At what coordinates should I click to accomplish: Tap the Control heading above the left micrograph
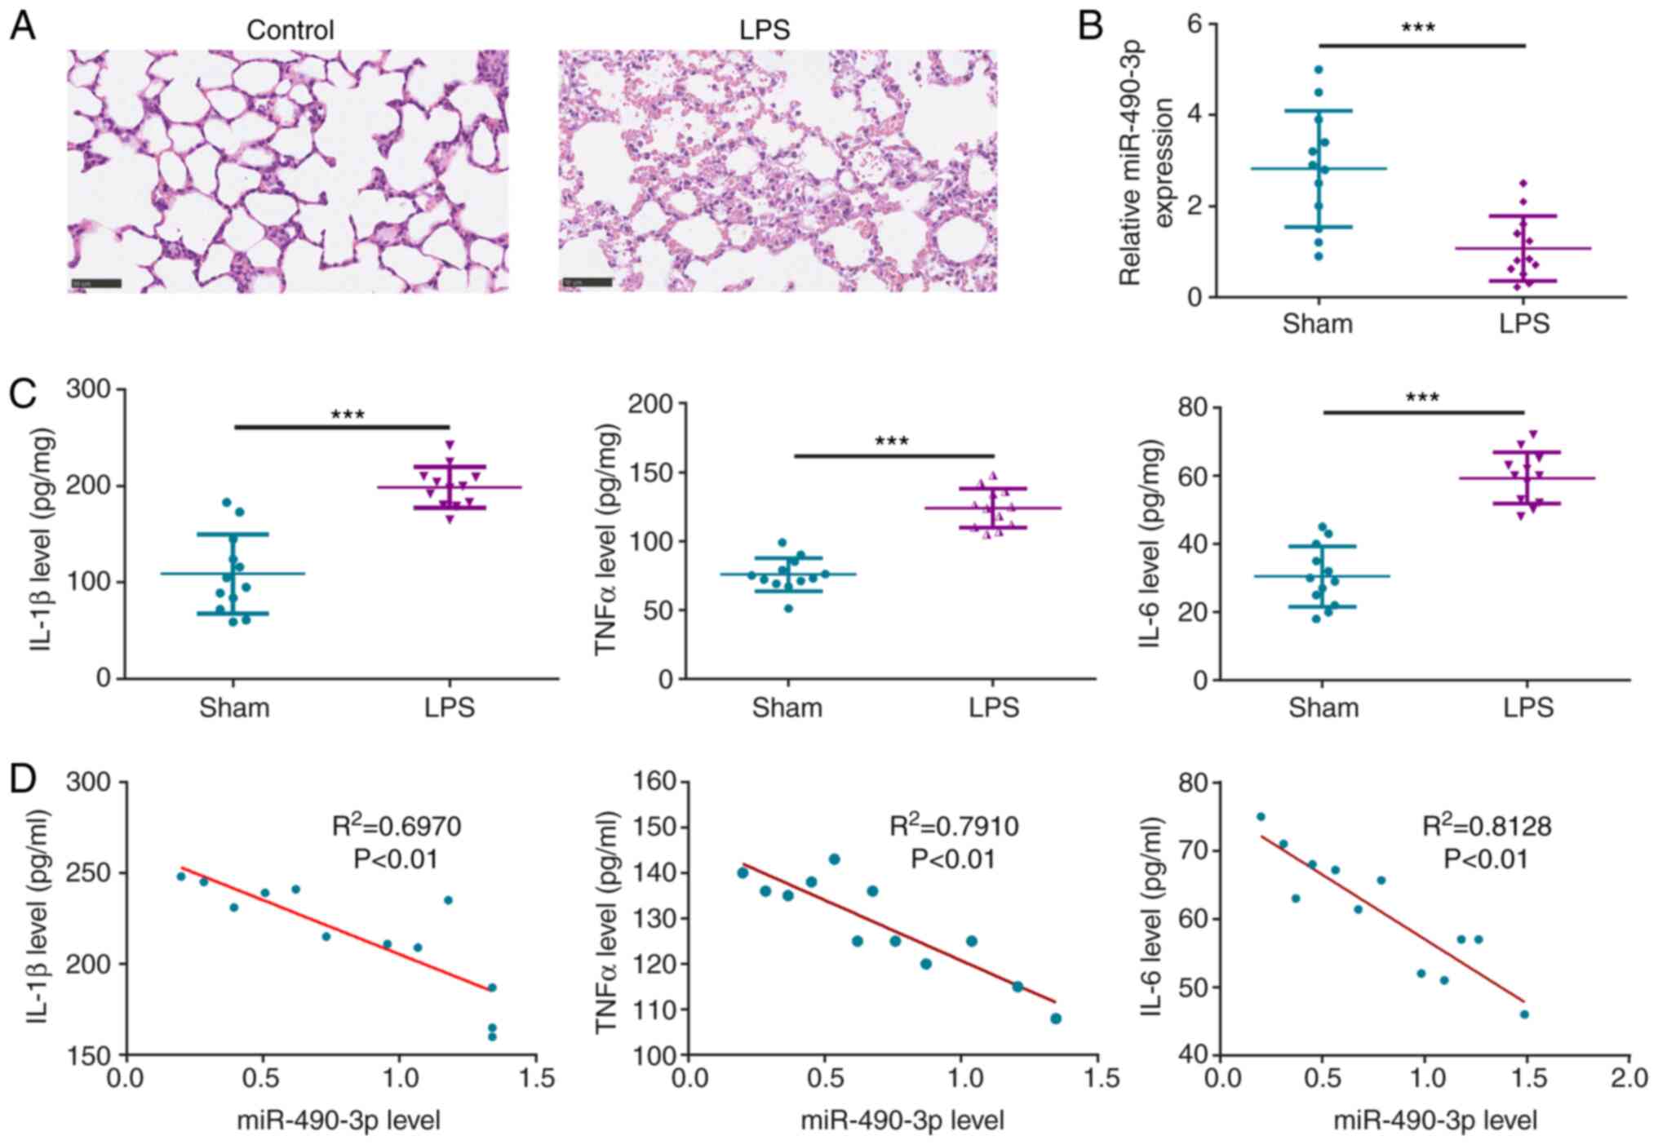[x=290, y=30]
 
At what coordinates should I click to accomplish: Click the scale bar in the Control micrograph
[x=96, y=283]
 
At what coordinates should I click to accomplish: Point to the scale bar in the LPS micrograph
[x=587, y=282]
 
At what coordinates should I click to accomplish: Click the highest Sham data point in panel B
[x=1319, y=69]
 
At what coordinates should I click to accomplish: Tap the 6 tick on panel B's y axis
[x=1195, y=24]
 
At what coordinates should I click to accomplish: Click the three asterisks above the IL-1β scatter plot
[x=348, y=415]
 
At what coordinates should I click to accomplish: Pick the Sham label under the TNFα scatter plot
[x=787, y=707]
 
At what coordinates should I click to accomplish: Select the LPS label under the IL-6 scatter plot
[x=1527, y=707]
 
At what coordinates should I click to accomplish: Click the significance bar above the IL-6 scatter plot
[x=1424, y=412]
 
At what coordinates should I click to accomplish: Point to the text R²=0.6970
[x=397, y=827]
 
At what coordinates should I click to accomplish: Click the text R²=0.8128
[x=1487, y=827]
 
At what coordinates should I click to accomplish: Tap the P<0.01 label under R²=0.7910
[x=953, y=859]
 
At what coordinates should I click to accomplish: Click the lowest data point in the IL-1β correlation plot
[x=492, y=1036]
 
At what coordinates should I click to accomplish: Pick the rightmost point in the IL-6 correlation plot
[x=1523, y=1014]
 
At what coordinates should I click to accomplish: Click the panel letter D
[x=22, y=779]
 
